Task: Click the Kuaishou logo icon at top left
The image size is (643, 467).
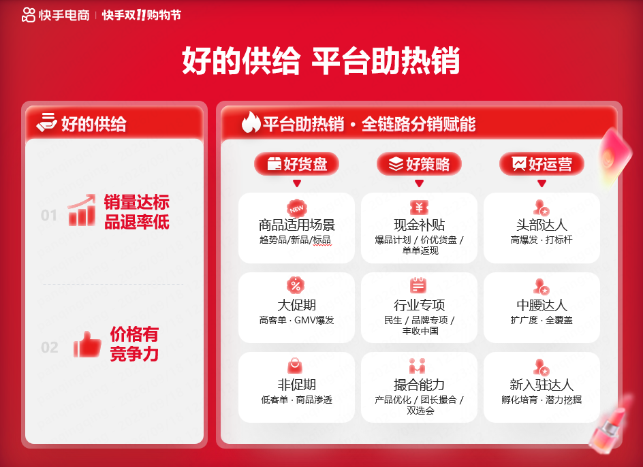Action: point(28,15)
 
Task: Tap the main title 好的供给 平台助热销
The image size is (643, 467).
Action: point(321,61)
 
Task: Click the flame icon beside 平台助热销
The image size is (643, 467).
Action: point(251,123)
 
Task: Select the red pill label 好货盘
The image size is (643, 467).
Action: point(296,164)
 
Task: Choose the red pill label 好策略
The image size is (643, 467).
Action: point(419,164)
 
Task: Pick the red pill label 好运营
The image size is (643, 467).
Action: point(542,164)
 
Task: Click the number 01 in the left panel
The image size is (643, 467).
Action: point(49,215)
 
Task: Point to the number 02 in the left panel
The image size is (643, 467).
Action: point(50,347)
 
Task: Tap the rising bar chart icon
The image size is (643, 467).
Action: point(82,210)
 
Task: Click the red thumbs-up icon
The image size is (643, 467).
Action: point(87,344)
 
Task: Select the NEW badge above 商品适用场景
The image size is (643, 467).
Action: point(296,208)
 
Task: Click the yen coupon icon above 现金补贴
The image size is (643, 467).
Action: point(419,208)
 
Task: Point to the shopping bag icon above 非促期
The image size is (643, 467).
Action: point(295,366)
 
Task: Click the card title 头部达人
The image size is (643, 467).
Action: point(542,225)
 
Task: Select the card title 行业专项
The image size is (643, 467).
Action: point(419,305)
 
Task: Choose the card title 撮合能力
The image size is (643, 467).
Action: point(419,385)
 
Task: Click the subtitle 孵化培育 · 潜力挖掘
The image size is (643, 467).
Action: point(542,400)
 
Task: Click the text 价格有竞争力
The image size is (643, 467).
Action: point(134,344)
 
